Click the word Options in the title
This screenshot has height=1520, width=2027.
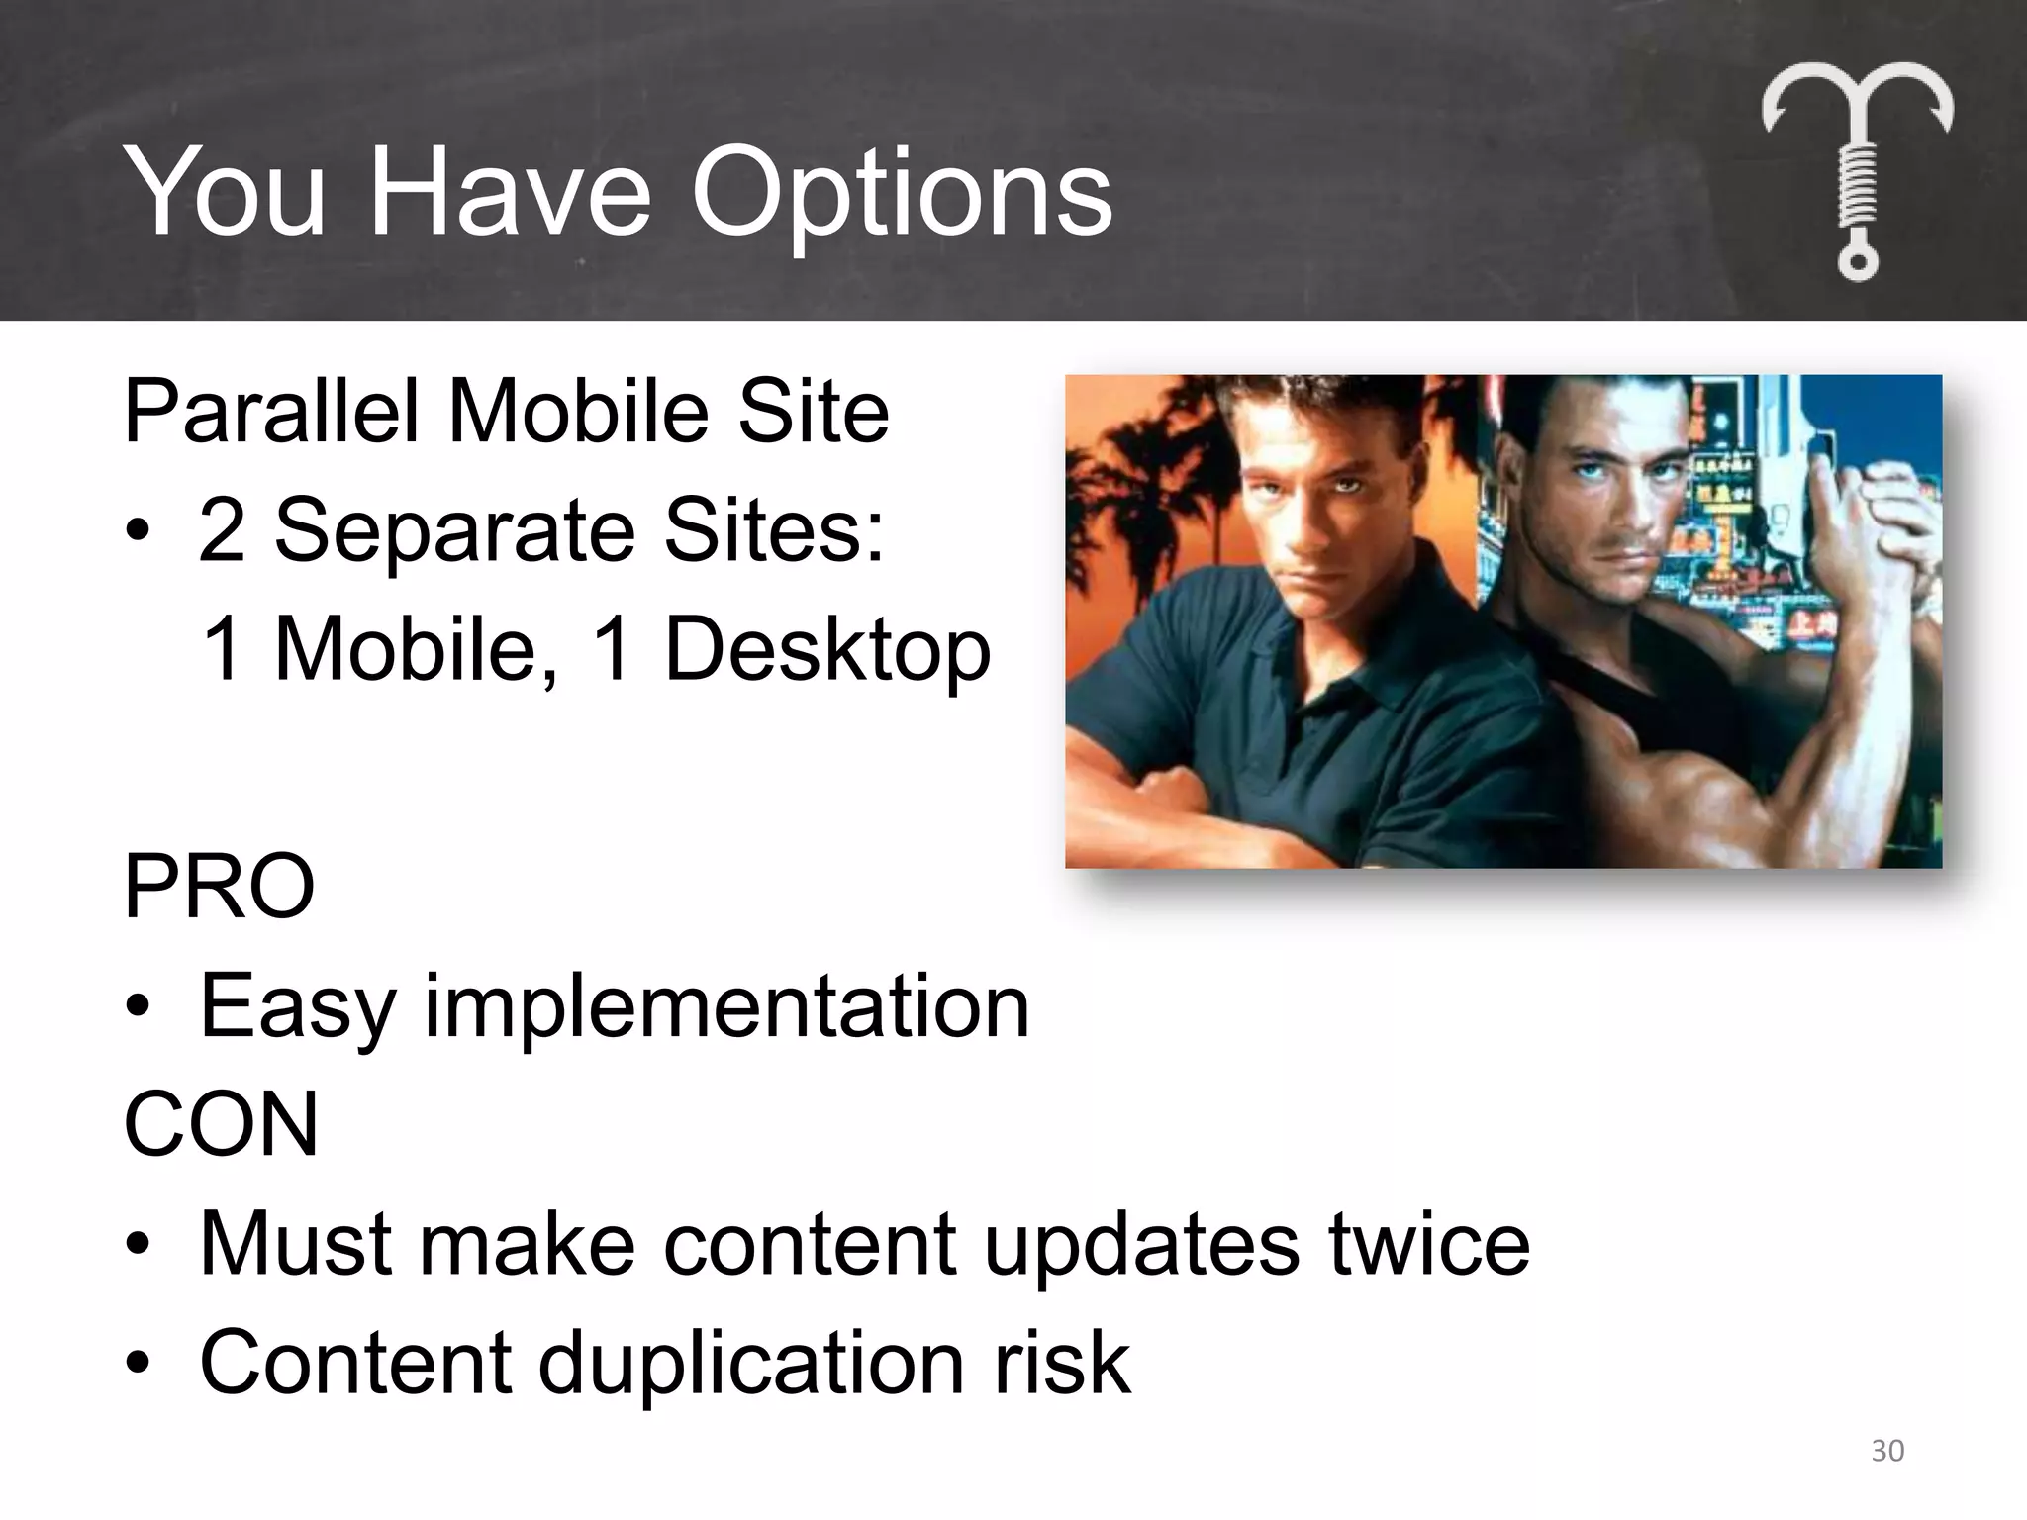(901, 193)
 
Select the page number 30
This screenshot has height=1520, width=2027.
(1887, 1451)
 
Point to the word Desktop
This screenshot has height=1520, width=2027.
(826, 650)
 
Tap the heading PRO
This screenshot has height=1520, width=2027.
(219, 887)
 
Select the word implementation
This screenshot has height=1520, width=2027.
(726, 1007)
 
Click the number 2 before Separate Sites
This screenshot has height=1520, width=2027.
(222, 530)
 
